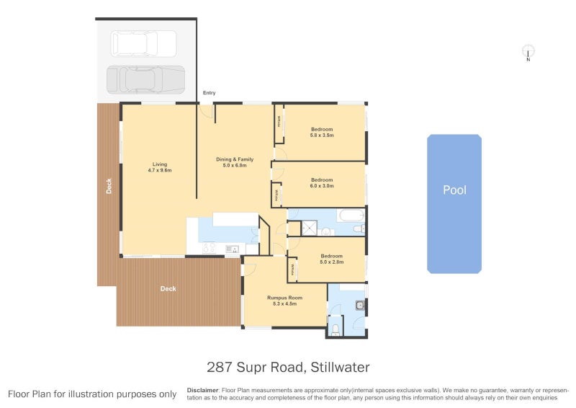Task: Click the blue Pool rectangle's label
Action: (454, 190)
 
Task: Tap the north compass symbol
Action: (528, 52)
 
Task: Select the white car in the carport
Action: (144, 43)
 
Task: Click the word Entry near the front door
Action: (209, 93)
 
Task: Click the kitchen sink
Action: (232, 249)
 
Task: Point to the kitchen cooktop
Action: (210, 248)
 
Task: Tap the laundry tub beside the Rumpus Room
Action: (358, 306)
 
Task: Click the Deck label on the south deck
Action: (168, 289)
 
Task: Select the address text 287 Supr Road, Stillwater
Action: (288, 367)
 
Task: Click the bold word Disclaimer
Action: (202, 389)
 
